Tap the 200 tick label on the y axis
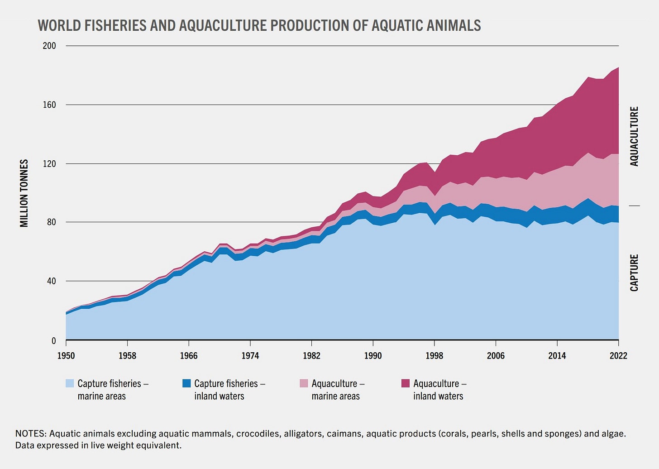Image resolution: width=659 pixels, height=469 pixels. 49,46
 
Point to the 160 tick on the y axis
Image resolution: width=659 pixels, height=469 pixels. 49,105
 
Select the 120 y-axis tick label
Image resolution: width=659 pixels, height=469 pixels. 49,163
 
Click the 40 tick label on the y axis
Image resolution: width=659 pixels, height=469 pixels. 51,281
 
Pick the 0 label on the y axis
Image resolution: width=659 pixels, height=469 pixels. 53,341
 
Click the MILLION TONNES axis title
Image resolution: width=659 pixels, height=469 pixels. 24,193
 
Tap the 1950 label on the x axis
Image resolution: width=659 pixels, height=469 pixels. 66,356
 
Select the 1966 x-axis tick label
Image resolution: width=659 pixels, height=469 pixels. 189,356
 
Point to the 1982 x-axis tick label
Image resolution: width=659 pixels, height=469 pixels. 311,356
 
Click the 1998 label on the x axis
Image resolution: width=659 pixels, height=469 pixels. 434,356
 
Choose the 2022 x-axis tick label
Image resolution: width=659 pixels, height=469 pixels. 618,356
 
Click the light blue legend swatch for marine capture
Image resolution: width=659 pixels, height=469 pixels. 70,383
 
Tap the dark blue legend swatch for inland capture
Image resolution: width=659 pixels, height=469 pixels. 186,383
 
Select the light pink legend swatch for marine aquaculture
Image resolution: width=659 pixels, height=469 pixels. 304,383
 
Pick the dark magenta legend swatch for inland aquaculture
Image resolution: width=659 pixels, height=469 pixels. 406,383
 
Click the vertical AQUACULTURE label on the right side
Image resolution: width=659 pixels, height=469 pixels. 634,136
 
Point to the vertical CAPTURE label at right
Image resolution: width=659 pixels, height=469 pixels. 634,273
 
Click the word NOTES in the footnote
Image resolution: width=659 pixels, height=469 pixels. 30,434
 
